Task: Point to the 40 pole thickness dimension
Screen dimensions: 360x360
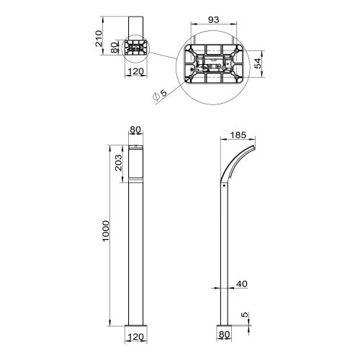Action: pyautogui.click(x=241, y=284)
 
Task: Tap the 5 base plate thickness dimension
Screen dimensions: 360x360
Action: pyautogui.click(x=245, y=315)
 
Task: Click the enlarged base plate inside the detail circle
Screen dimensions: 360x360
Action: pyautogui.click(x=214, y=66)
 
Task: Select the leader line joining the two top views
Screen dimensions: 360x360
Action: pyautogui.click(x=163, y=53)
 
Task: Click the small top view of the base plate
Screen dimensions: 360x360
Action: pyautogui.click(x=136, y=48)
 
